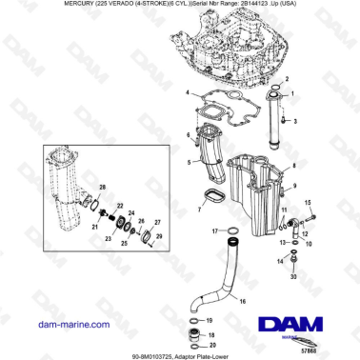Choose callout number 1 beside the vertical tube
pyautogui.click(x=293, y=93)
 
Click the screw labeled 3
pyautogui.click(x=281, y=122)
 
